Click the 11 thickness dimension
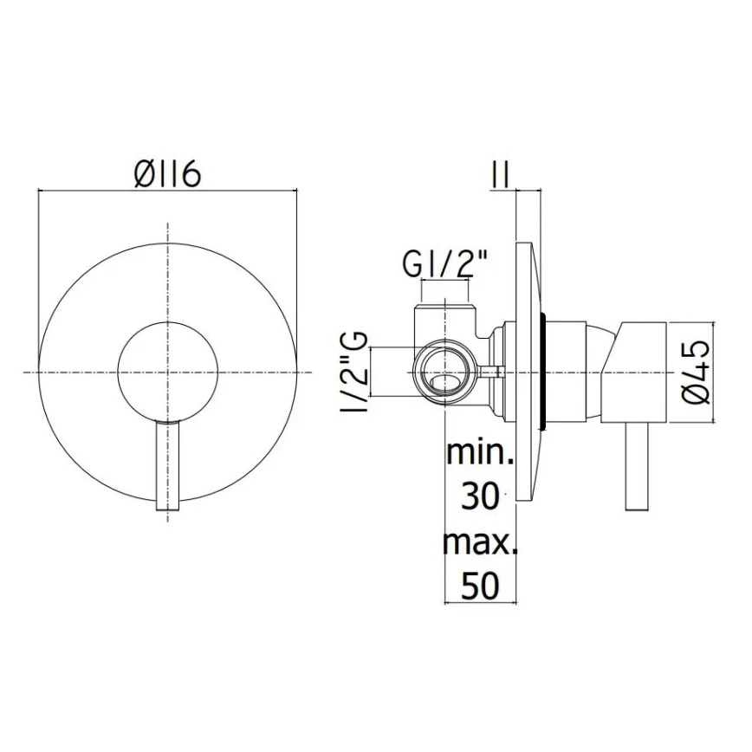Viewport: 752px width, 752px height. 500,174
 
